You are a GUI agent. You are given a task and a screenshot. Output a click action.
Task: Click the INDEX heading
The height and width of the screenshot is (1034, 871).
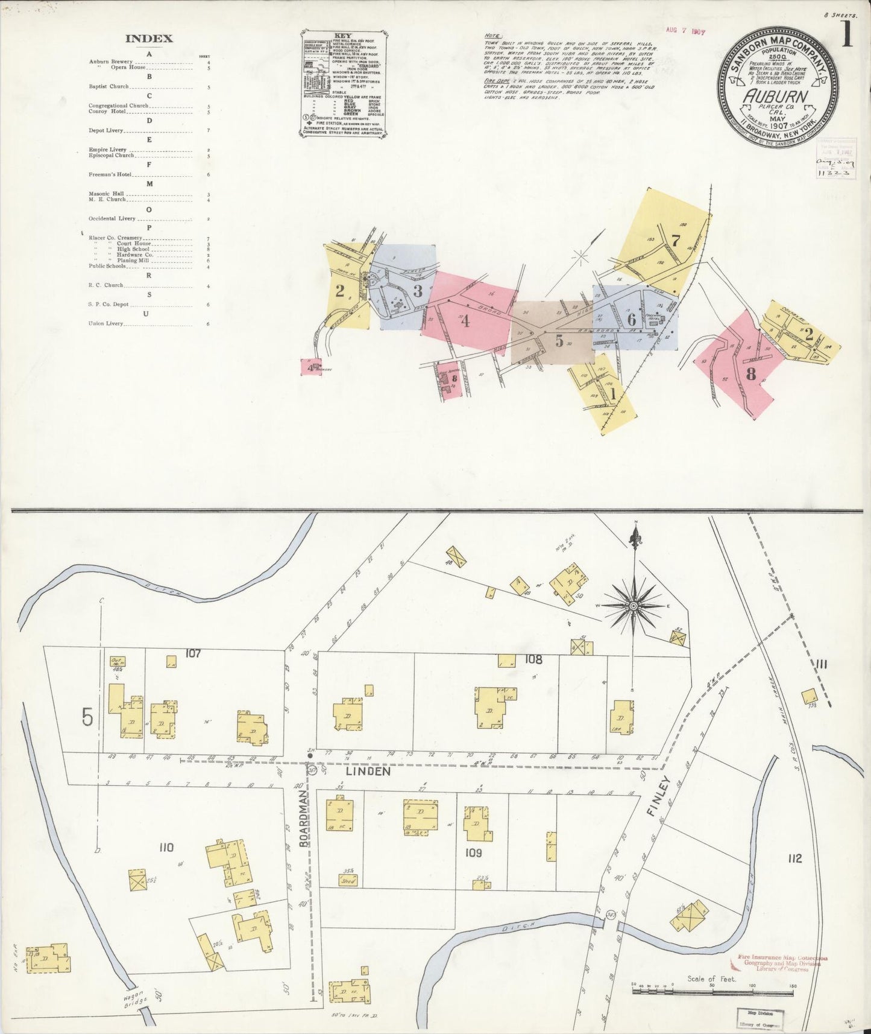[149, 39]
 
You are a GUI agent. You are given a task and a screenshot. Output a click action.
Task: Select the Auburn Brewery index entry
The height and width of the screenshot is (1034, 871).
[110, 62]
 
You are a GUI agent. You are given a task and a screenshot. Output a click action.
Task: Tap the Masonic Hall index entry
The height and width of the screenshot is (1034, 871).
[107, 194]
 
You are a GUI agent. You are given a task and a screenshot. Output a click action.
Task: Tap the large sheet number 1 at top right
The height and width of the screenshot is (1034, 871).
[847, 35]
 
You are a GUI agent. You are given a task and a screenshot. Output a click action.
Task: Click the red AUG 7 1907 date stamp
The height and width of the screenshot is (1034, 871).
[686, 31]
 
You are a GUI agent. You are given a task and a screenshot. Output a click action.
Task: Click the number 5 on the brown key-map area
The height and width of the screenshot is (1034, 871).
[559, 341]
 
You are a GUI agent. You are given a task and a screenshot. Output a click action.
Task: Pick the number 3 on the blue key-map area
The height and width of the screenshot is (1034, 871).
[418, 291]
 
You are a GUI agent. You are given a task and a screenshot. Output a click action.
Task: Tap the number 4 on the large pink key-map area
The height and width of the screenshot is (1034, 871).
[465, 321]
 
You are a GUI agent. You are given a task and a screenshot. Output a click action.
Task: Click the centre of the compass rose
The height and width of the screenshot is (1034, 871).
[634, 605]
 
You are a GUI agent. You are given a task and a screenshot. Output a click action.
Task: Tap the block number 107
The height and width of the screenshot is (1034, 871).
[193, 653]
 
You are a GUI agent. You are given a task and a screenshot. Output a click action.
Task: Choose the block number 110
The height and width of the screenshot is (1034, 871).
[166, 848]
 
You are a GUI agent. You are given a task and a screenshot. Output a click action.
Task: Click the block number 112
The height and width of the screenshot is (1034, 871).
[794, 858]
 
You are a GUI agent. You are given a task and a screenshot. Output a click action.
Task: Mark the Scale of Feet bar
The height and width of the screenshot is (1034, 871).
[712, 989]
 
